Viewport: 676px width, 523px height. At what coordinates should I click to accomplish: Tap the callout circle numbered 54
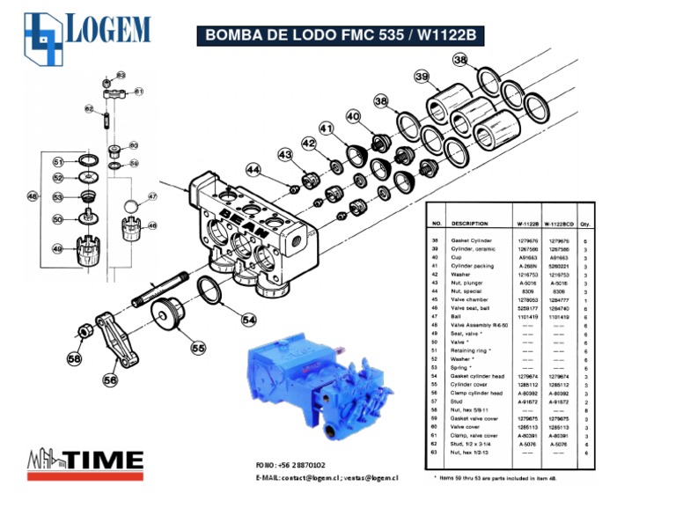pos(249,320)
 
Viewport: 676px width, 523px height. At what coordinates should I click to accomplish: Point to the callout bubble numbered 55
pos(198,347)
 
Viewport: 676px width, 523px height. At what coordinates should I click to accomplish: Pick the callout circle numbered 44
pos(253,169)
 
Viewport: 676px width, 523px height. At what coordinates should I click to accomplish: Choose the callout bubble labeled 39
pos(422,78)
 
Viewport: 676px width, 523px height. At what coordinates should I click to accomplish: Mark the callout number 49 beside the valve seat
pos(57,249)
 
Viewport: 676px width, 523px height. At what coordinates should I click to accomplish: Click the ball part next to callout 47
pos(129,207)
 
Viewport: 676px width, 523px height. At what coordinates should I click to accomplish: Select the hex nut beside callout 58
pos(87,332)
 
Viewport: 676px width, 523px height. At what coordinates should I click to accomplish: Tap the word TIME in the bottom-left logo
pos(106,459)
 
